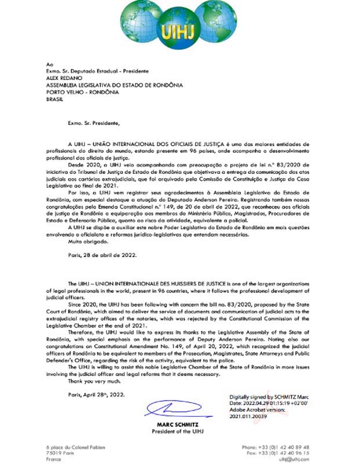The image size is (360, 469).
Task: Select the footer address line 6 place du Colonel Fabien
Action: [x=76, y=448]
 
